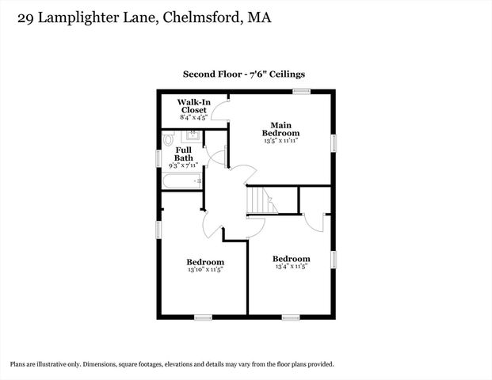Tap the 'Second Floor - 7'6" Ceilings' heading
tap(244, 74)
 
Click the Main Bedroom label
tap(280, 129)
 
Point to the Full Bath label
tap(184, 154)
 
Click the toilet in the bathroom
tap(168, 139)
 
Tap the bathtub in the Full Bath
tap(182, 182)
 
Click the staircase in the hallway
tap(262, 200)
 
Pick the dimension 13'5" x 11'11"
tap(280, 141)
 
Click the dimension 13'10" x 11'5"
tap(205, 270)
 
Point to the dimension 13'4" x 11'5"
tap(291, 267)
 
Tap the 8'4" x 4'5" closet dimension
tap(193, 117)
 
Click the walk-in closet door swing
tap(220, 112)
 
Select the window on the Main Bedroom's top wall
tap(300, 92)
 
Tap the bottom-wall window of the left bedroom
tap(203, 317)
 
